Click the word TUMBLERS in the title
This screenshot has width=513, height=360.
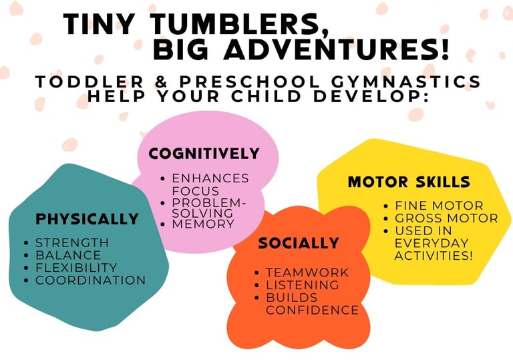pos(237,25)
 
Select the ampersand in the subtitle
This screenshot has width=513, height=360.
pos(161,81)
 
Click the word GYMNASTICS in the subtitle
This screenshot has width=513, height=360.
pos(406,81)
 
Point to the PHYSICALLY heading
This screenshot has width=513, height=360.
pos(87,219)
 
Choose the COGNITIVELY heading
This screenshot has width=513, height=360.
pos(204,154)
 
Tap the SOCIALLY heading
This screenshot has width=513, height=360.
pos(299,243)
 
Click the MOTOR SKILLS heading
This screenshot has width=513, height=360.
pos(409,182)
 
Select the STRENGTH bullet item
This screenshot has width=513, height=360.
pos(72,243)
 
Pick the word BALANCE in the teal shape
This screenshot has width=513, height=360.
pos(68,255)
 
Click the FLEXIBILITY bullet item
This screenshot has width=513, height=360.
pos(76,268)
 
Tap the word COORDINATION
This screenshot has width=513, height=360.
pos(90,280)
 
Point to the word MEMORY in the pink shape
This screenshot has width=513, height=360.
pos(203,224)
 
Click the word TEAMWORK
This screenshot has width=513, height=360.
pos(307,273)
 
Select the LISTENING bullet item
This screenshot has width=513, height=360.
pos(303,285)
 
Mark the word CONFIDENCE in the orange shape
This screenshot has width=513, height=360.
pos(312,310)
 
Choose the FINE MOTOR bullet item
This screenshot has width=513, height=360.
pos(439,206)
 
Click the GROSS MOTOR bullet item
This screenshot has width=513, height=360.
pos(446,218)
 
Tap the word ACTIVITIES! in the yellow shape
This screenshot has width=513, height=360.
pos(434,256)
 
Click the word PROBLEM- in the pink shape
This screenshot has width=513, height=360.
pos(208,203)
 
